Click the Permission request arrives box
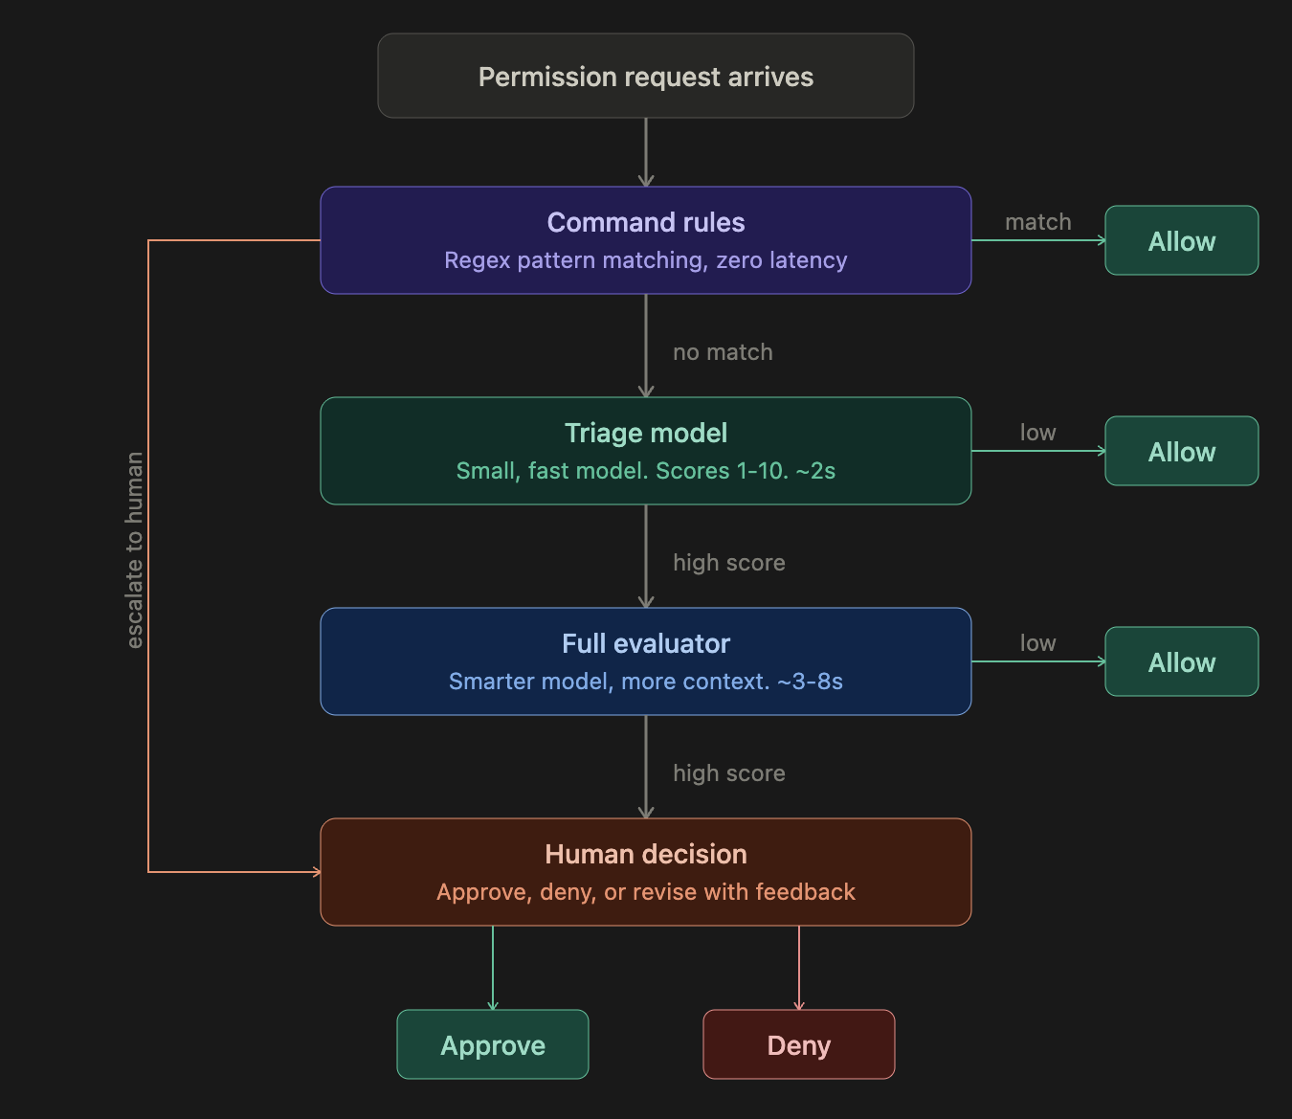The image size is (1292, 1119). (x=645, y=77)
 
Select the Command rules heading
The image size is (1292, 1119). (x=645, y=222)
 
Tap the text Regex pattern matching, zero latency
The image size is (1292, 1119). (x=645, y=260)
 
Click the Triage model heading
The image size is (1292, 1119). (x=645, y=433)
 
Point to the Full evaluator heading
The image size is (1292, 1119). (x=645, y=643)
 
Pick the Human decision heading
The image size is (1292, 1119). (x=645, y=854)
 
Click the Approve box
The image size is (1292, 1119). (x=492, y=1044)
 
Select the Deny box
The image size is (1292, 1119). (x=798, y=1044)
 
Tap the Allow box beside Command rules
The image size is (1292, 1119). (x=1181, y=241)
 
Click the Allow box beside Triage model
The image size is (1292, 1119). (x=1181, y=452)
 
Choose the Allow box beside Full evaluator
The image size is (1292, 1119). (x=1181, y=662)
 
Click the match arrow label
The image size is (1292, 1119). (x=1037, y=222)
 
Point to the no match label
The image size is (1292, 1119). (x=723, y=352)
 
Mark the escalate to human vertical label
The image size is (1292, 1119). (x=135, y=550)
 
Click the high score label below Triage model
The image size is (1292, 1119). (x=728, y=563)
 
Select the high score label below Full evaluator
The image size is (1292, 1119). (x=728, y=773)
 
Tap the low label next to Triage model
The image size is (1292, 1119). (x=1037, y=433)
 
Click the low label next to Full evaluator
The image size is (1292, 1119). (x=1037, y=643)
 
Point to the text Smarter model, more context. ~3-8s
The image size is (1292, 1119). (x=645, y=682)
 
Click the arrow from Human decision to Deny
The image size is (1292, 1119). (x=798, y=967)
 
